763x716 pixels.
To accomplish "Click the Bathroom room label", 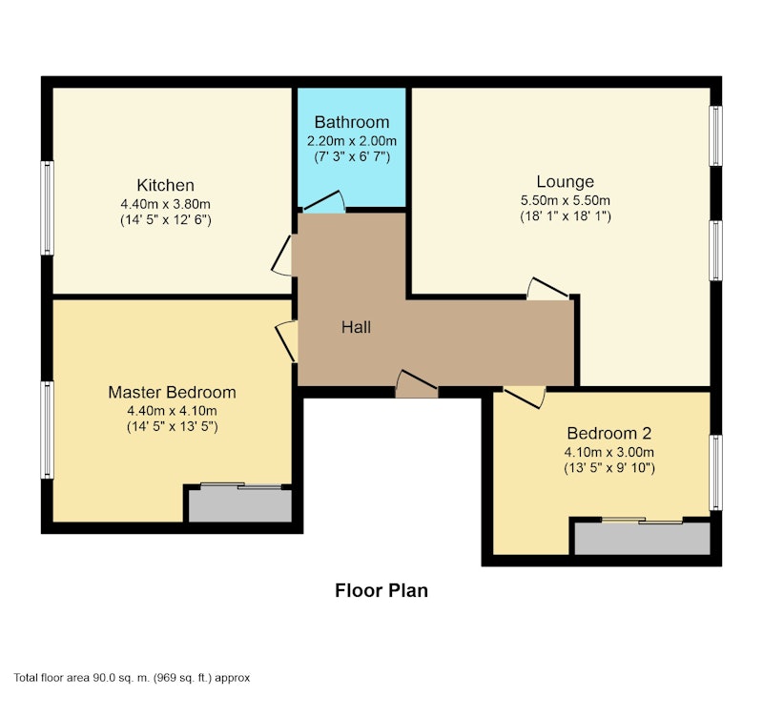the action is point(352,122).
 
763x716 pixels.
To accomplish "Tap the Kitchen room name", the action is point(165,185).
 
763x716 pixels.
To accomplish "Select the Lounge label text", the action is point(565,181).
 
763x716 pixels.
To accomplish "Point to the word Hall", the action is point(356,327).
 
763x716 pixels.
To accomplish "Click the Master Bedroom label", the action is point(172,392).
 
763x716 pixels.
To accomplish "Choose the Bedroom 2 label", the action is point(608,433).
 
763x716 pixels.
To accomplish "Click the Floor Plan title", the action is point(381,590).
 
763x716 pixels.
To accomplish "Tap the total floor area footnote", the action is point(132,678).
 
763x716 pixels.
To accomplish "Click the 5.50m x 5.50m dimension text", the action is point(565,200).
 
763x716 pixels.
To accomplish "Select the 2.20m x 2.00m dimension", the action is point(352,141).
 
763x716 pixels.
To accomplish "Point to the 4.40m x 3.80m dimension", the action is point(165,204).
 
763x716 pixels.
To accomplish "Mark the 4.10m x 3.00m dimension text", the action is point(608,452).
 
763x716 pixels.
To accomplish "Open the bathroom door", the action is point(324,202).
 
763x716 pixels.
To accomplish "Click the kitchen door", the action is point(282,256).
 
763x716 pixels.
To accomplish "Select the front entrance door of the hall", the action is point(417,384).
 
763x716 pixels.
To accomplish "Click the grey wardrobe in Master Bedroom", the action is point(240,505).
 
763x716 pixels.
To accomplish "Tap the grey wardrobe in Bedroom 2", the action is point(642,538).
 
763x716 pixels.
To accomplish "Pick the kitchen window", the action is point(47,208).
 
